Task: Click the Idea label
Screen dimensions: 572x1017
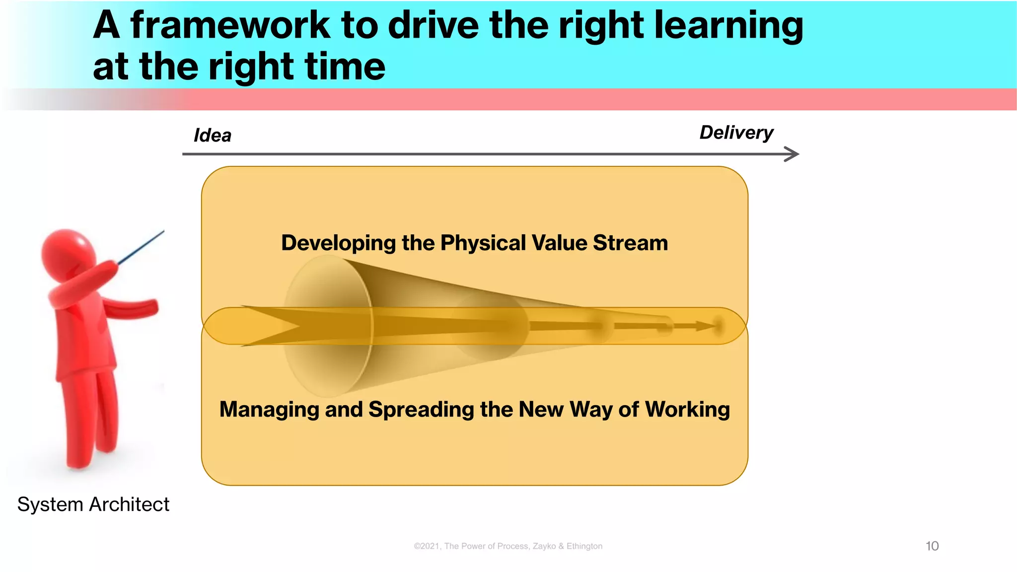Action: (213, 135)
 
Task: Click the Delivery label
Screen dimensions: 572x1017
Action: (736, 133)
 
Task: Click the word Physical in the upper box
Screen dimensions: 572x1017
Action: (483, 243)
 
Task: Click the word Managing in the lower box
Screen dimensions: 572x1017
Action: (269, 410)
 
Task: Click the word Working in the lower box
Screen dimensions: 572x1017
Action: (687, 410)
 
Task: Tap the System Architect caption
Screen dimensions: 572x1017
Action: (93, 504)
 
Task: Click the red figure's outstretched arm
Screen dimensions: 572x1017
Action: (132, 307)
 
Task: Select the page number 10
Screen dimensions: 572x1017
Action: (932, 546)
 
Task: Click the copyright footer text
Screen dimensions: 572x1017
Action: (508, 546)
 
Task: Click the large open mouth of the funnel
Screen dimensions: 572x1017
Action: (328, 326)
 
